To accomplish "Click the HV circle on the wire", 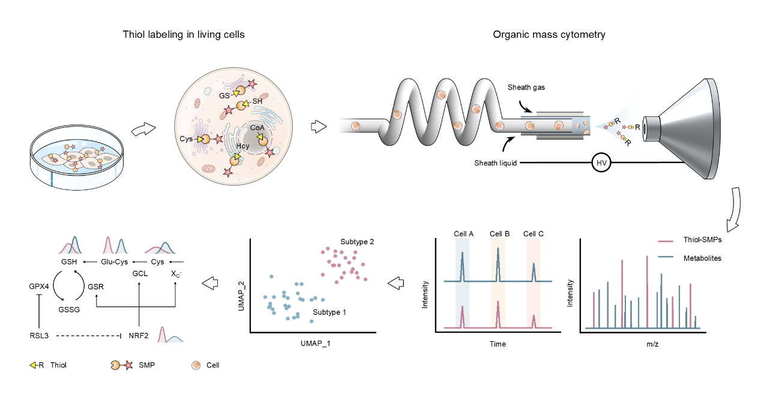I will click(x=601, y=163).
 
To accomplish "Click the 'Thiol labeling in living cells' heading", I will click(x=184, y=35).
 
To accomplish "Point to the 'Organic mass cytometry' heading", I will click(x=549, y=35).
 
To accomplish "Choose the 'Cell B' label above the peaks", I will click(x=499, y=233).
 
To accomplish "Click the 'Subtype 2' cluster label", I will click(x=357, y=241).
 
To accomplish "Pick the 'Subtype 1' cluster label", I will click(x=329, y=312).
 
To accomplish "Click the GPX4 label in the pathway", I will click(x=39, y=287).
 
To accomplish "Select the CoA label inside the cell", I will click(x=258, y=127).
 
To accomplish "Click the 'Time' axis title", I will click(x=498, y=344).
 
